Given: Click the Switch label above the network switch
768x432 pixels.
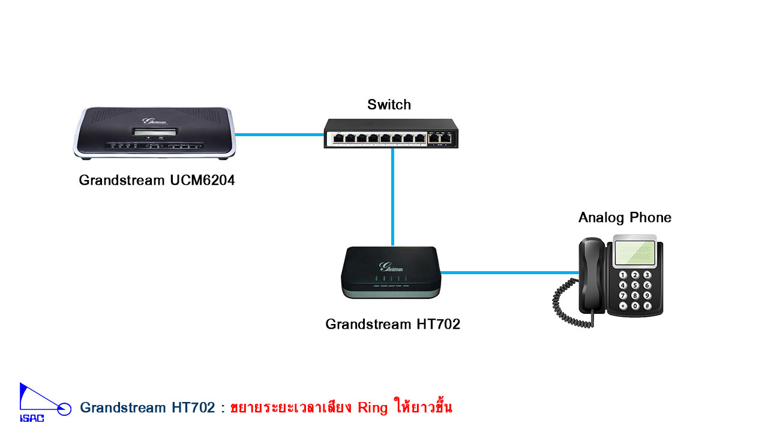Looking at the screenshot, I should [x=389, y=104].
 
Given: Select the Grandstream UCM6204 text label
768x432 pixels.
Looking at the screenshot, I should [x=157, y=180].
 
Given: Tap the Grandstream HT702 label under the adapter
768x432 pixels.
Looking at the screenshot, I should [x=392, y=324].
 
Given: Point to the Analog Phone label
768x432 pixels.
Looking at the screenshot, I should [x=625, y=217].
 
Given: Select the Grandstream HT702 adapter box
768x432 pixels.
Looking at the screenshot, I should [x=392, y=273].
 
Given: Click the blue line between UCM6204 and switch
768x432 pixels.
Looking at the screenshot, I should [x=279, y=134].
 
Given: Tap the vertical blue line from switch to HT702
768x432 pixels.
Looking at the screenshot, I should [x=393, y=198].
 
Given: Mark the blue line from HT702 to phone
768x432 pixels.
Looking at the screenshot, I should [x=510, y=272].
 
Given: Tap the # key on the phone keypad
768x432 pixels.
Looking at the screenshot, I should [x=647, y=306].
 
